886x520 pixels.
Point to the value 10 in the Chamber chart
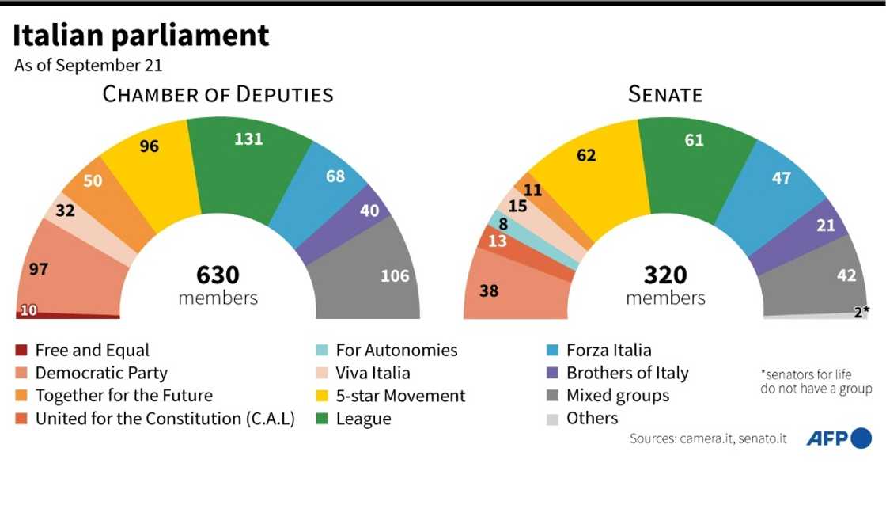coord(28,310)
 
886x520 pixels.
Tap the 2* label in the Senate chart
coord(861,311)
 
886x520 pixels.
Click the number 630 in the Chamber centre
coord(218,275)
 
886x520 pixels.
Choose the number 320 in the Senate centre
coord(665,275)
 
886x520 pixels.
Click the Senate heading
coord(665,95)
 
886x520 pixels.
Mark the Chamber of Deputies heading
coord(218,95)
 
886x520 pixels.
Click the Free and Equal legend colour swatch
coord(21,350)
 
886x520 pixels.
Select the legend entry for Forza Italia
coord(608,350)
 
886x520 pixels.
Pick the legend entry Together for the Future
coord(123,395)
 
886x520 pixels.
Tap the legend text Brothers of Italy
coord(627,373)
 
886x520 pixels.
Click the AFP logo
coord(839,438)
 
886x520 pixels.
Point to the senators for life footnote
coord(816,381)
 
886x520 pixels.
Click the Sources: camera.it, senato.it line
coord(708,438)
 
